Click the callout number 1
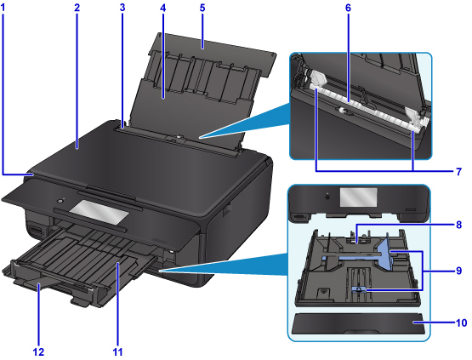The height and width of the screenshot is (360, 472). pyautogui.click(x=3, y=8)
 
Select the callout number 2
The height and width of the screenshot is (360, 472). pyautogui.click(x=77, y=8)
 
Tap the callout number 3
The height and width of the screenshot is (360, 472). pyautogui.click(x=122, y=8)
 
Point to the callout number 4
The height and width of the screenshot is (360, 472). pyautogui.click(x=162, y=8)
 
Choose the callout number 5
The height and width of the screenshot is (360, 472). pyautogui.click(x=202, y=8)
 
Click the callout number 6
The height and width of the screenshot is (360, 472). pyautogui.click(x=348, y=8)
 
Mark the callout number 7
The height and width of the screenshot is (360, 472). pyautogui.click(x=458, y=172)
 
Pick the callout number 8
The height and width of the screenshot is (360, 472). pyautogui.click(x=458, y=225)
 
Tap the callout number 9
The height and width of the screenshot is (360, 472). pyautogui.click(x=458, y=271)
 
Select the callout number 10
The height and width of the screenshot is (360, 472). pyautogui.click(x=462, y=323)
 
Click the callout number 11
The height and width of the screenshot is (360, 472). pyautogui.click(x=117, y=351)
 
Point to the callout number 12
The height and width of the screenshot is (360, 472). pyautogui.click(x=38, y=351)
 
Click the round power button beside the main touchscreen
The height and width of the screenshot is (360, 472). pyautogui.click(x=60, y=201)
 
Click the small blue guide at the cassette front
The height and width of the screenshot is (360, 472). pyautogui.click(x=359, y=289)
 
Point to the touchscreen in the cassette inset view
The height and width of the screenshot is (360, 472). pyautogui.click(x=359, y=197)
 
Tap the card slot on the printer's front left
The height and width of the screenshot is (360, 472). pyautogui.click(x=36, y=231)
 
